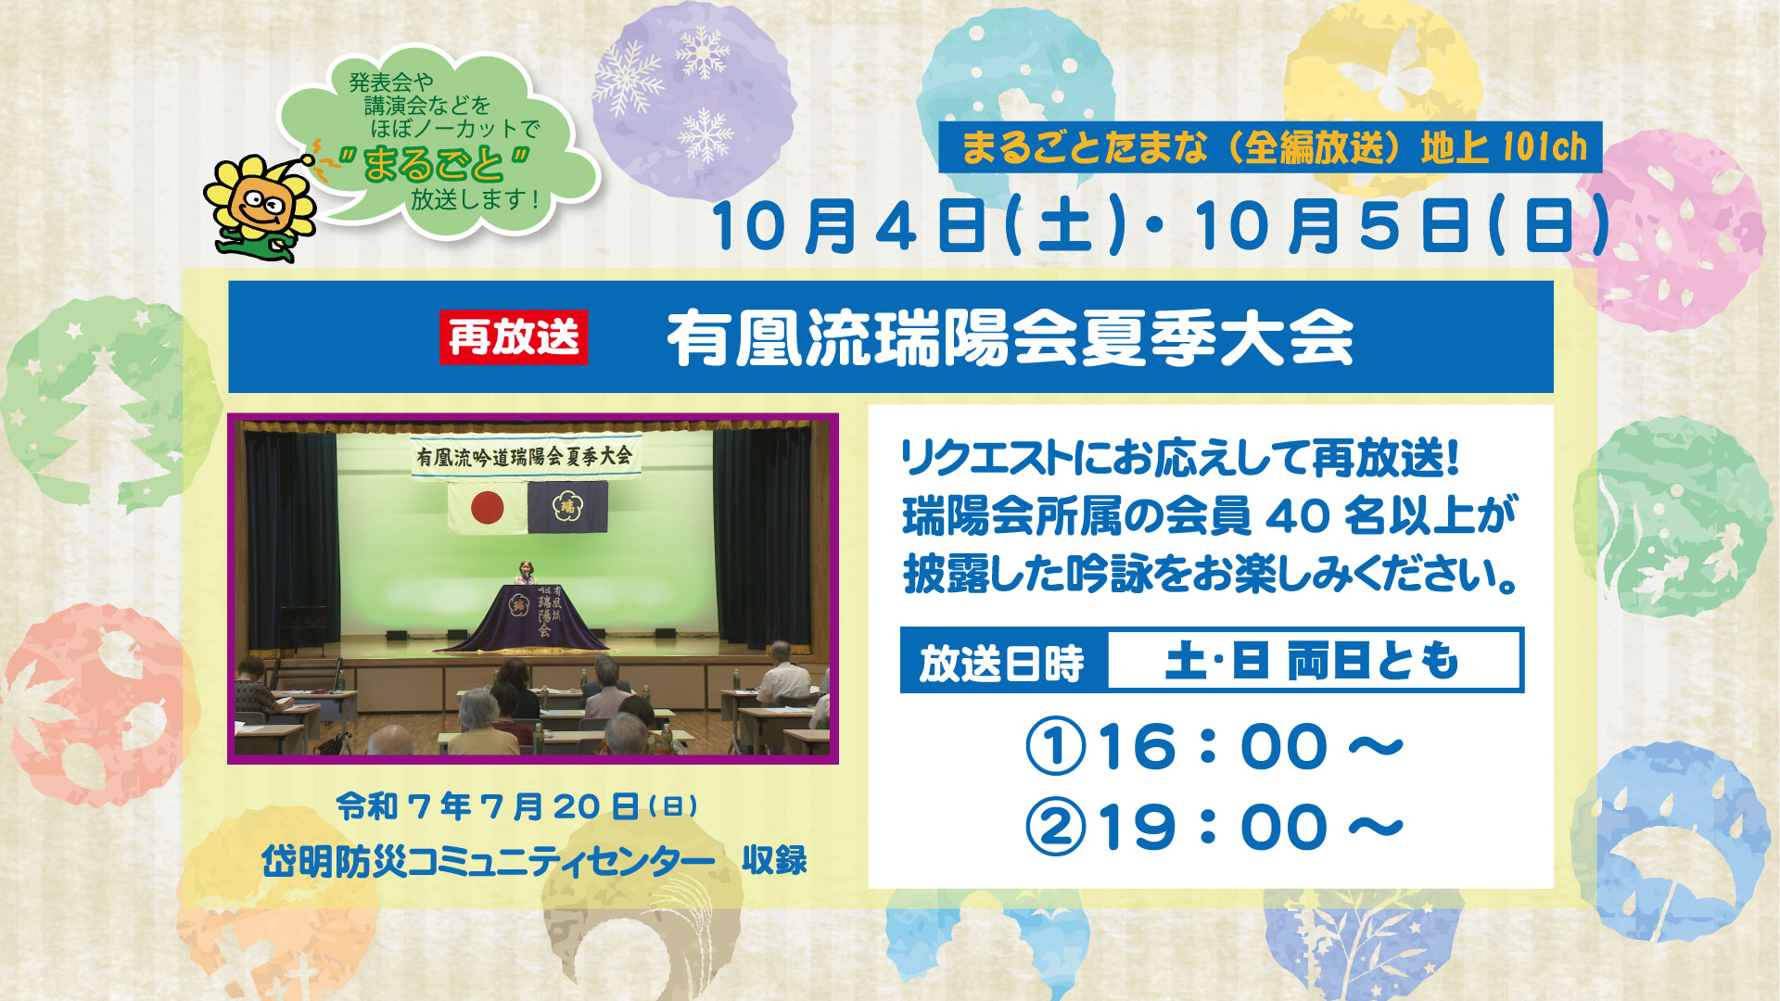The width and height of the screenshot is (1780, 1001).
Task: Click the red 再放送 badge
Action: (514, 336)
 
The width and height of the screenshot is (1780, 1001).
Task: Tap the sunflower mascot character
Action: (261, 207)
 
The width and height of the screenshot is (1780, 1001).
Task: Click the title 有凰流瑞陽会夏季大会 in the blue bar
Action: (1011, 338)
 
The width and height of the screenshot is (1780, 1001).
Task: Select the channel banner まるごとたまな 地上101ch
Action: (1270, 146)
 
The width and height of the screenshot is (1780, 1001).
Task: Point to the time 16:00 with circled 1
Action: (1214, 746)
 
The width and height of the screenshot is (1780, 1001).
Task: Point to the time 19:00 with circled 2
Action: (1214, 827)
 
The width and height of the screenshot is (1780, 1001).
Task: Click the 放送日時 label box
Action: (1004, 661)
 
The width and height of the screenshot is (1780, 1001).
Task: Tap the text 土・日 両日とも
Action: (1312, 661)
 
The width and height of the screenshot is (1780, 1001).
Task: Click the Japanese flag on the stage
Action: (488, 508)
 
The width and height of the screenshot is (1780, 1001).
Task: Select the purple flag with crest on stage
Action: (567, 507)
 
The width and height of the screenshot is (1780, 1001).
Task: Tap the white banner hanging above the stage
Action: (526, 456)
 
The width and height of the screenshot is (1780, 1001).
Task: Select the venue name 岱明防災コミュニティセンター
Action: (489, 862)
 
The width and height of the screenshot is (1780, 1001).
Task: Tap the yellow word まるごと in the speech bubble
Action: (433, 165)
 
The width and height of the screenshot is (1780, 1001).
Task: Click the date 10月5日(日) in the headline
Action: (1402, 228)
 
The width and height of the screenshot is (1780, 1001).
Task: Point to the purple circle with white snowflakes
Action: (693, 100)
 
